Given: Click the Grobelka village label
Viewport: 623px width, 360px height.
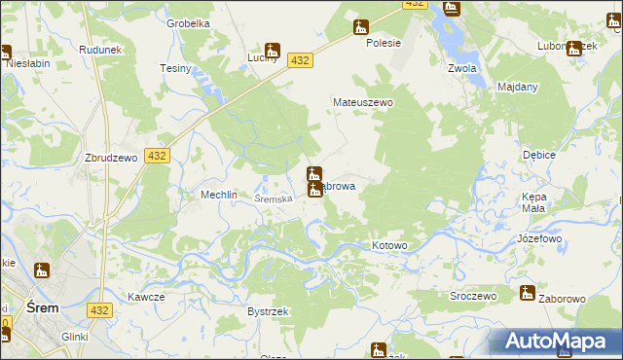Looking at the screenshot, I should point(188,23).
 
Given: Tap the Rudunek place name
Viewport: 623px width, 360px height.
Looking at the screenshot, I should point(100,51).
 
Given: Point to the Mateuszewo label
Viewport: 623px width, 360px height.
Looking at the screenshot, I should point(362,101).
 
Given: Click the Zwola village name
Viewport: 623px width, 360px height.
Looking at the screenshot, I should point(461,69).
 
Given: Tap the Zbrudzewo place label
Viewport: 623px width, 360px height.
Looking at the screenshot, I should point(109,160).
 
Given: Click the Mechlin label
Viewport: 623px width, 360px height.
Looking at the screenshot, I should point(219,195).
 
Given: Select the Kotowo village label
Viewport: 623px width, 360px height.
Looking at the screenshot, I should point(389,246).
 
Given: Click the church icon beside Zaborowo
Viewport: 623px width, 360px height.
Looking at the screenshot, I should point(528,292).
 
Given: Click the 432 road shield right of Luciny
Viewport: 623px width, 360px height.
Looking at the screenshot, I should point(300,60).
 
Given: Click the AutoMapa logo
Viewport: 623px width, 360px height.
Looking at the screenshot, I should point(554,342).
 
